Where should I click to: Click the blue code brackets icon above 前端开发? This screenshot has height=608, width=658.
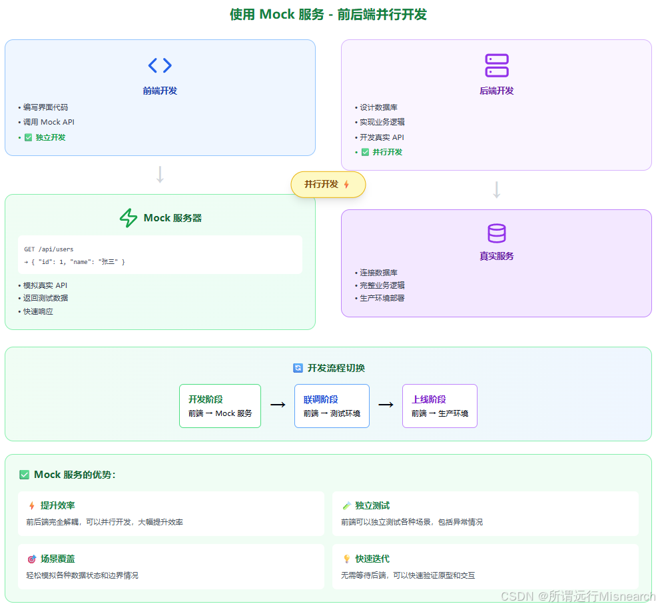pyautogui.click(x=160, y=65)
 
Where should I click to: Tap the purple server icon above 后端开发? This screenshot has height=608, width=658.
pyautogui.click(x=497, y=65)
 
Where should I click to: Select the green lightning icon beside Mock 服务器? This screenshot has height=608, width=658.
pyautogui.click(x=128, y=218)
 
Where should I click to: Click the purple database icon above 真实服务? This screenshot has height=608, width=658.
pyautogui.click(x=497, y=233)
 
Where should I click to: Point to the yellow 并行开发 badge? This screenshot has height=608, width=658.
pyautogui.click(x=328, y=185)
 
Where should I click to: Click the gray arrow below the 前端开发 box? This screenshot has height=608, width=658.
pyautogui.click(x=160, y=175)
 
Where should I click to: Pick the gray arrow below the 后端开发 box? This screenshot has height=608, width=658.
pyautogui.click(x=496, y=190)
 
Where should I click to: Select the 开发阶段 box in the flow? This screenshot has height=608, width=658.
pyautogui.click(x=220, y=406)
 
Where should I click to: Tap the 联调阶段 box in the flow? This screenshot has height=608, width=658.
pyautogui.click(x=332, y=406)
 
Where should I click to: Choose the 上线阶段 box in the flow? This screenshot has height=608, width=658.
pyautogui.click(x=440, y=406)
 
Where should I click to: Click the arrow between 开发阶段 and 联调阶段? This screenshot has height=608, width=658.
pyautogui.click(x=278, y=405)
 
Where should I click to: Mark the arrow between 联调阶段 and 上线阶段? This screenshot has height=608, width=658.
pyautogui.click(x=386, y=405)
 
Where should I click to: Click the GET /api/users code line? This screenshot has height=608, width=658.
pyautogui.click(x=49, y=249)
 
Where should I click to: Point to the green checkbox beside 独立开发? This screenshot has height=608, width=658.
pyautogui.click(x=28, y=137)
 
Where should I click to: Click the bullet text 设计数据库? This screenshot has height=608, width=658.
pyautogui.click(x=379, y=107)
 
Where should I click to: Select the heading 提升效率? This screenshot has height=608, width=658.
pyautogui.click(x=58, y=505)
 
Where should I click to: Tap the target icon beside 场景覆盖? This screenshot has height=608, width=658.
pyautogui.click(x=31, y=559)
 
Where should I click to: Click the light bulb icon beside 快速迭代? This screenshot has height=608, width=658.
pyautogui.click(x=346, y=559)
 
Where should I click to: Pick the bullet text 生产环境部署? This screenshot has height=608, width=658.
pyautogui.click(x=382, y=298)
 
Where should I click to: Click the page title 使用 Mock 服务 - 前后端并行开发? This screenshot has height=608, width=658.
pyautogui.click(x=328, y=15)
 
